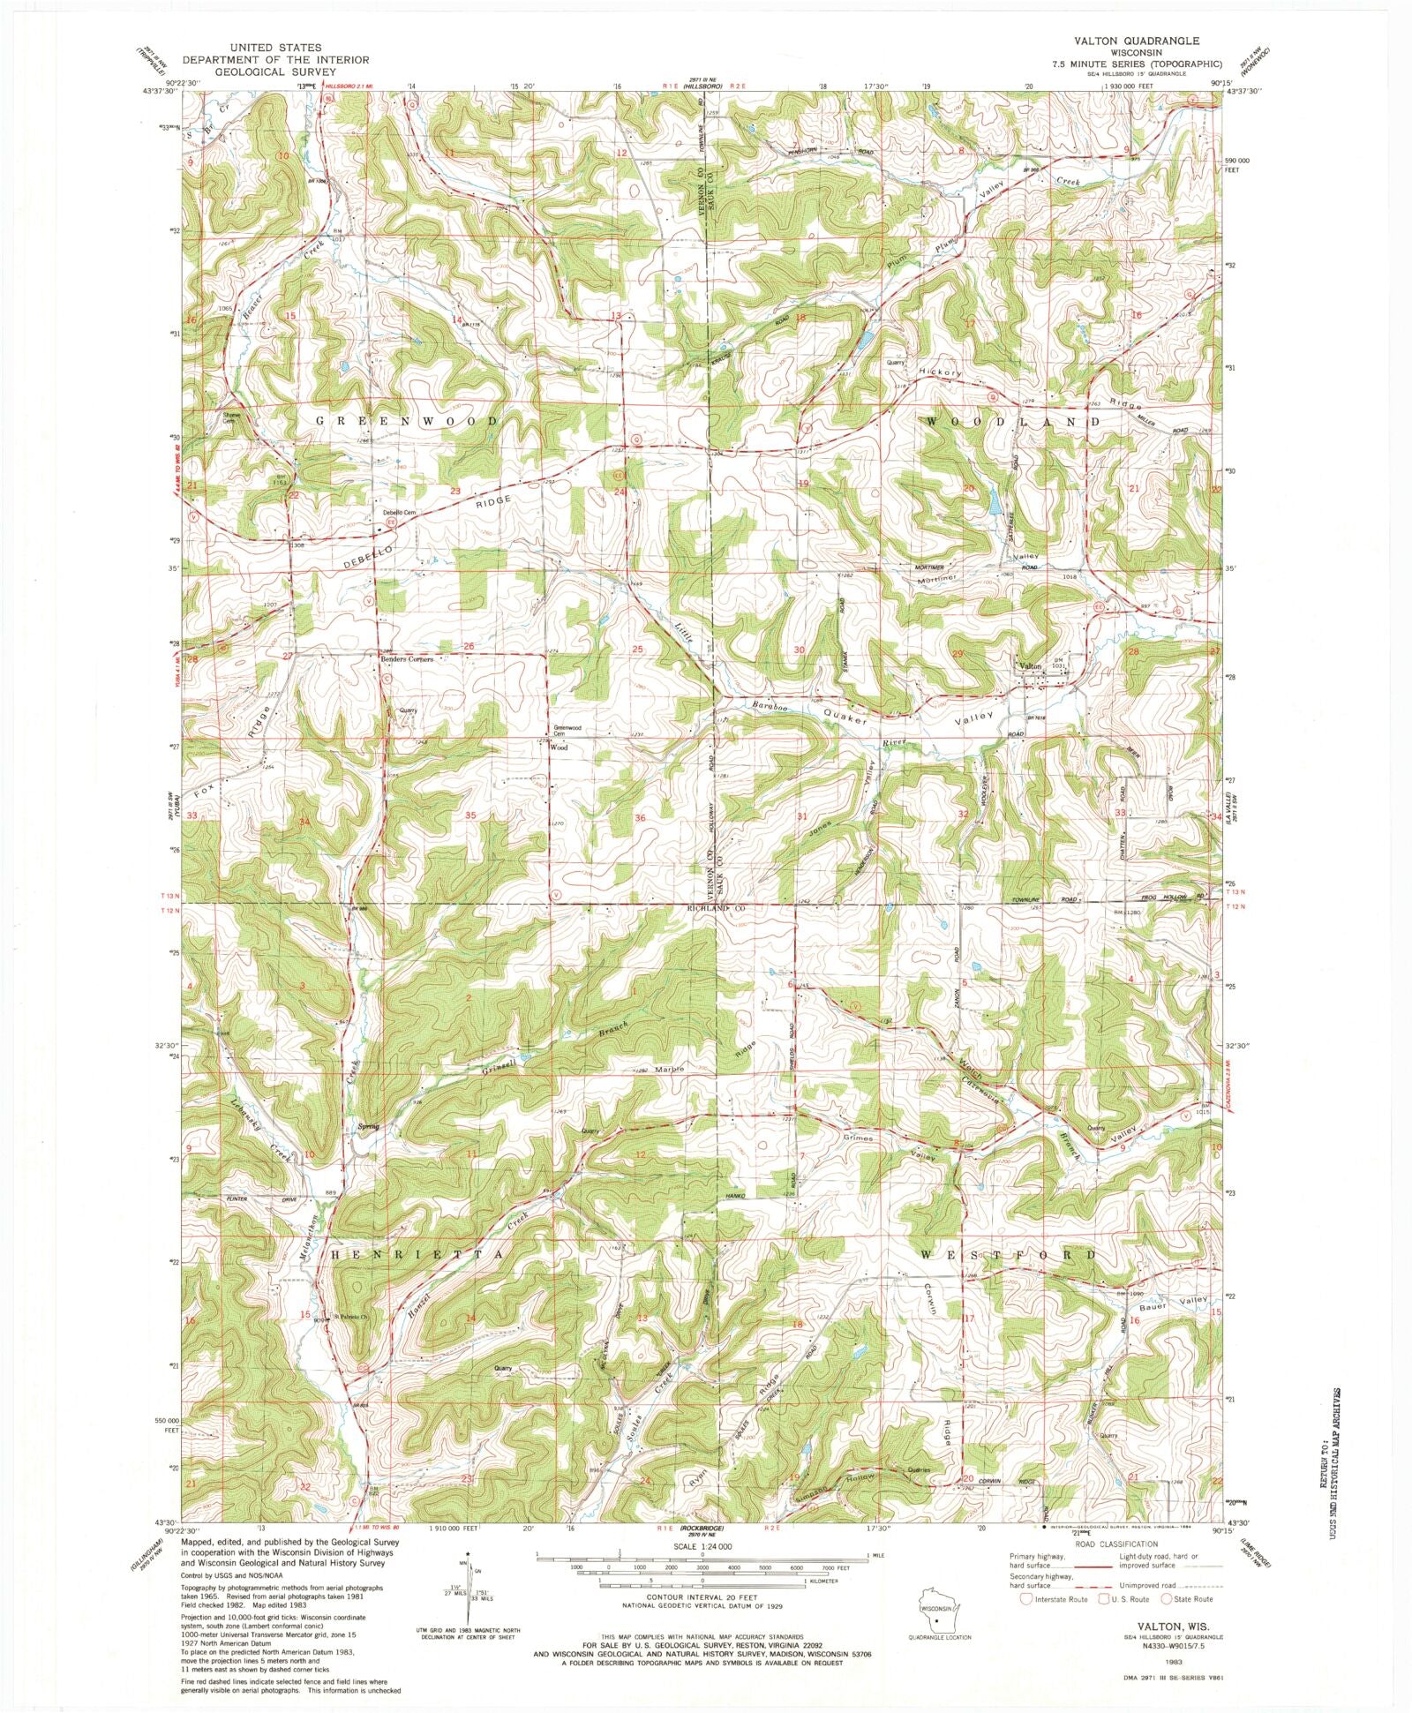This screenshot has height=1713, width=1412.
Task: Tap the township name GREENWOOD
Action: click(x=408, y=422)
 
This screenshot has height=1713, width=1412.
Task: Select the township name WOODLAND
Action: click(x=1013, y=422)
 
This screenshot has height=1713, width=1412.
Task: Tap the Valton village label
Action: click(x=1030, y=665)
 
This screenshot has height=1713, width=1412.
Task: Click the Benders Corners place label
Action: click(x=407, y=658)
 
